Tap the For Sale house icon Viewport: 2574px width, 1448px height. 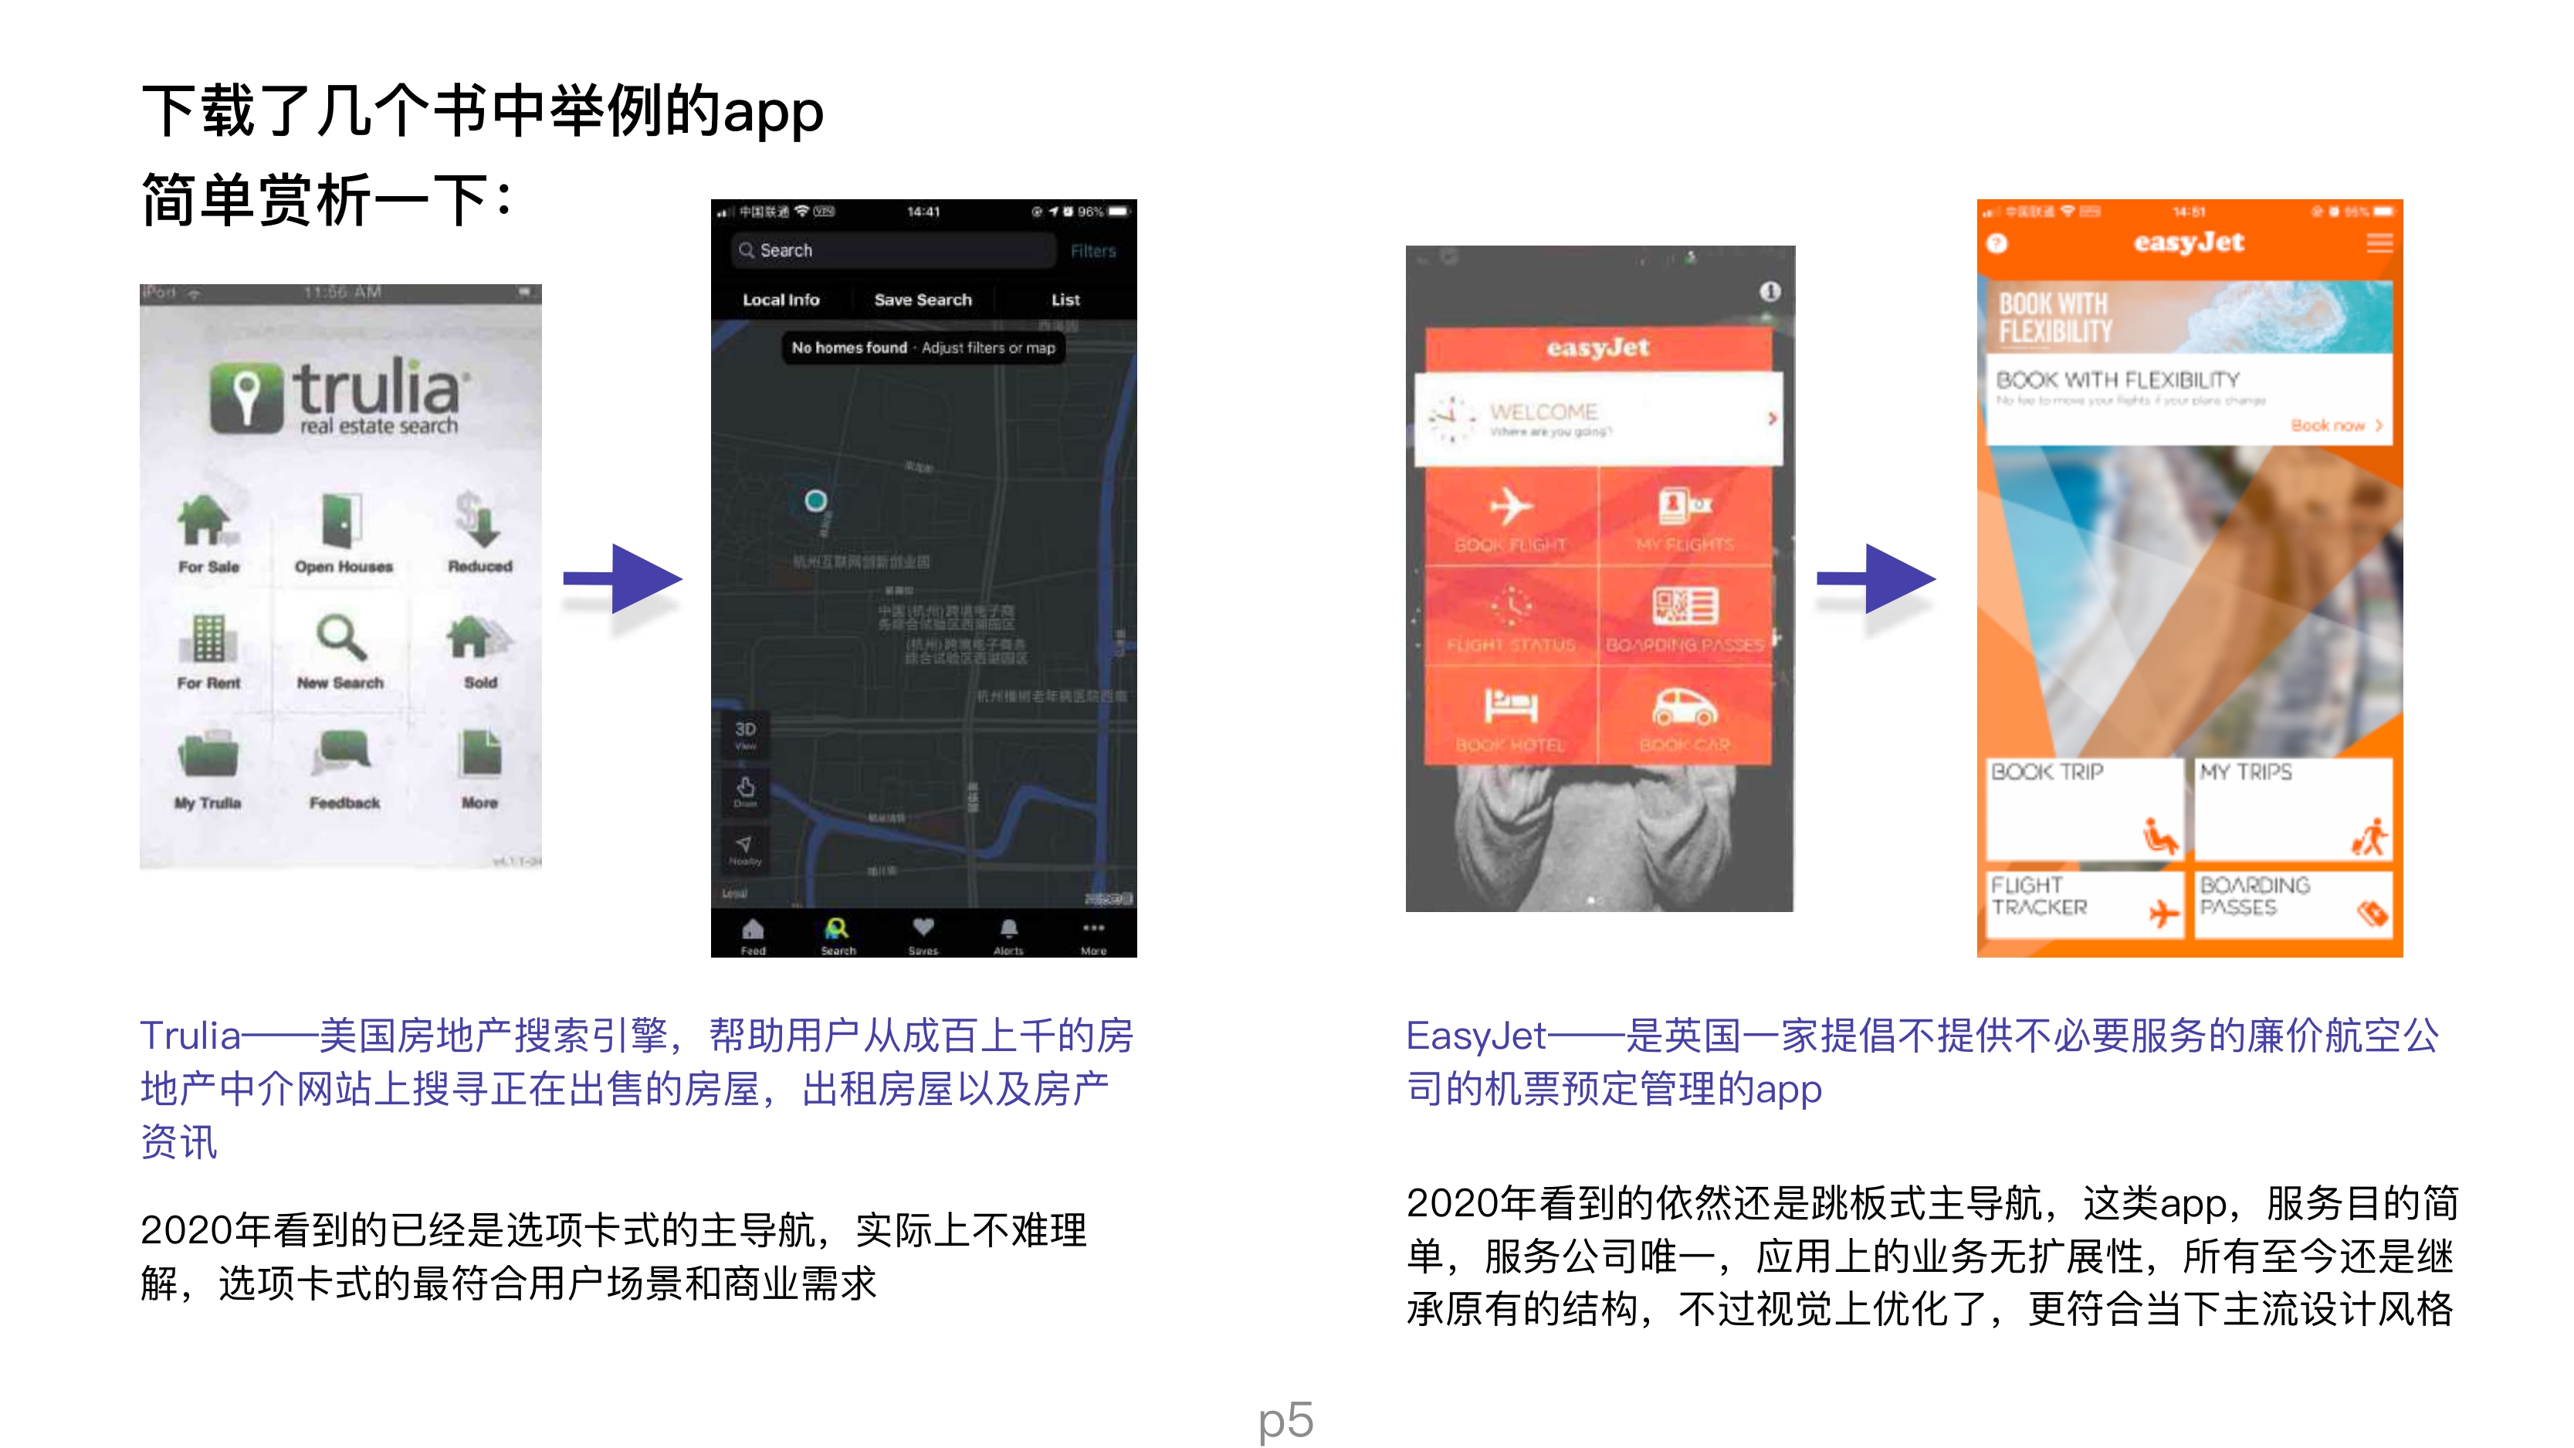[x=206, y=521]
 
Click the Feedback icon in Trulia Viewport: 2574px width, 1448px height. [x=343, y=755]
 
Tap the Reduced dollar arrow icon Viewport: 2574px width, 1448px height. [x=479, y=521]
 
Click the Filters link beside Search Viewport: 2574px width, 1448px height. [x=1092, y=251]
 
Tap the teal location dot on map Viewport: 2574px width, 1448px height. [x=815, y=500]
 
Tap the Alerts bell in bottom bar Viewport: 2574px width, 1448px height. [x=1008, y=931]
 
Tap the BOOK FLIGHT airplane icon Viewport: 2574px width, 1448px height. [x=1510, y=507]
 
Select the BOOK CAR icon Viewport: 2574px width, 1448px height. [x=1684, y=707]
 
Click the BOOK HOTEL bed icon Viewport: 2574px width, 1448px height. [x=1510, y=707]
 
